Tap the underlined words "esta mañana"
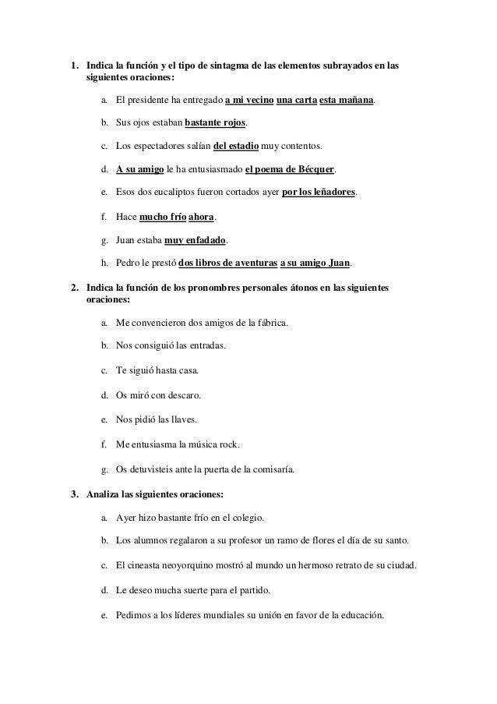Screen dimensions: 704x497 (x=347, y=101)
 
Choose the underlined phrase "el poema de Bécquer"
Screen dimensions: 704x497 (x=289, y=168)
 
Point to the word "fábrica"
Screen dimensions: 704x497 (x=270, y=321)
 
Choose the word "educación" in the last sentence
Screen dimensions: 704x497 (x=357, y=614)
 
